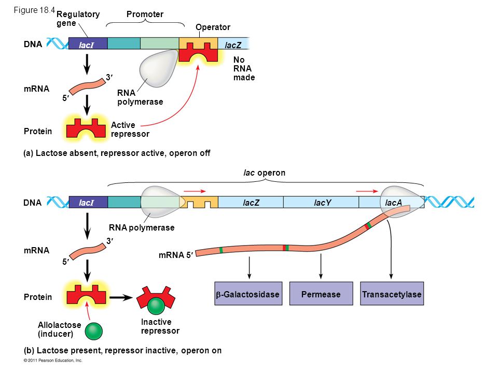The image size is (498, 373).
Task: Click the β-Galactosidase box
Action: point(248,293)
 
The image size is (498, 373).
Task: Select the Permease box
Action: point(321,293)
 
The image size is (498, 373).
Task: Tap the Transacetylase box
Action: point(392,293)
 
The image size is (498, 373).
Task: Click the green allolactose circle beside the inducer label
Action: point(94,331)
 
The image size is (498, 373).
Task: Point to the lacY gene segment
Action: point(321,202)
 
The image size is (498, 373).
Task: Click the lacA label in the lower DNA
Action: point(394,203)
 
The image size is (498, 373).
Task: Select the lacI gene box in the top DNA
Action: point(88,44)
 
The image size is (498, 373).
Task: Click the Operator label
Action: point(213,27)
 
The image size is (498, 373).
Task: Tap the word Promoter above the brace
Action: point(145,15)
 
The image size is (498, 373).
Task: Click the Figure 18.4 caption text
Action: point(34,10)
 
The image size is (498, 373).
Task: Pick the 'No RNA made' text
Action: point(244,68)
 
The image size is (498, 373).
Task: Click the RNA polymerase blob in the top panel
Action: point(158,68)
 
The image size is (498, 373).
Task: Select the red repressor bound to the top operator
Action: point(198,52)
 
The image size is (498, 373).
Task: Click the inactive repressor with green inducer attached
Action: point(156,299)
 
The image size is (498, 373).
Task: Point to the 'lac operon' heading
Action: point(264,173)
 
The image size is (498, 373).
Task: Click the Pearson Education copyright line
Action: point(53,361)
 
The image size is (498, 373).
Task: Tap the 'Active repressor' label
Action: point(130,130)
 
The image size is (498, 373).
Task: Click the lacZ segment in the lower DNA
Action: point(251,202)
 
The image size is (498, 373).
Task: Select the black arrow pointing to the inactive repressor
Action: point(121,297)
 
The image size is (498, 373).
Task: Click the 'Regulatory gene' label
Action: point(78,19)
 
